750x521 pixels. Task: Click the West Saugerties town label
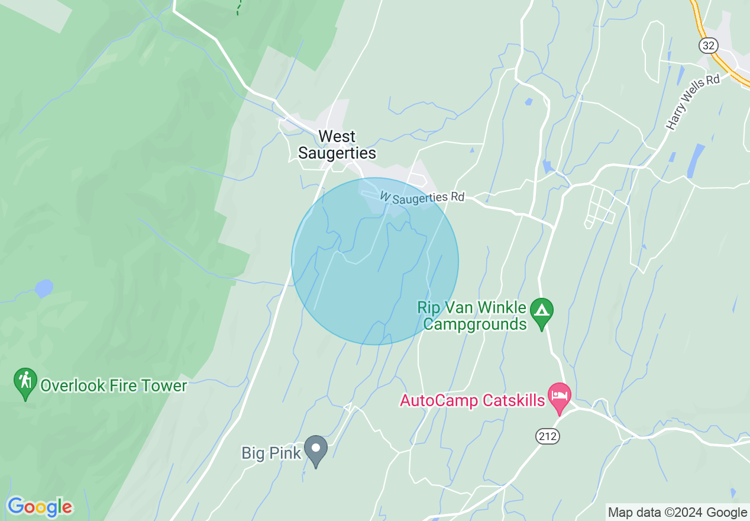tap(337, 144)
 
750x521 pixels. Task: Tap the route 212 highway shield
tap(548, 436)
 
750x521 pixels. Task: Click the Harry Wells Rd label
tap(693, 101)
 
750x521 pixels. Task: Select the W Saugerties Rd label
tap(422, 197)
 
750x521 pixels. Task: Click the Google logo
tap(40, 507)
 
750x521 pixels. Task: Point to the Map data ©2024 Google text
tap(677, 513)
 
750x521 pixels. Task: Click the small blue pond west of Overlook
tap(44, 288)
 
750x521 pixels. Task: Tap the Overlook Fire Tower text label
tap(114, 386)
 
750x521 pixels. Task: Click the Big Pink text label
tap(271, 454)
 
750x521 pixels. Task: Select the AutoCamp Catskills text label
tap(472, 401)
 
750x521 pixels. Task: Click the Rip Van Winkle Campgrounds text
tap(472, 316)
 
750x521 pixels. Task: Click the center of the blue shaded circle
tap(375, 261)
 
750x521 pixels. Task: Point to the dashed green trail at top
tap(238, 8)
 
